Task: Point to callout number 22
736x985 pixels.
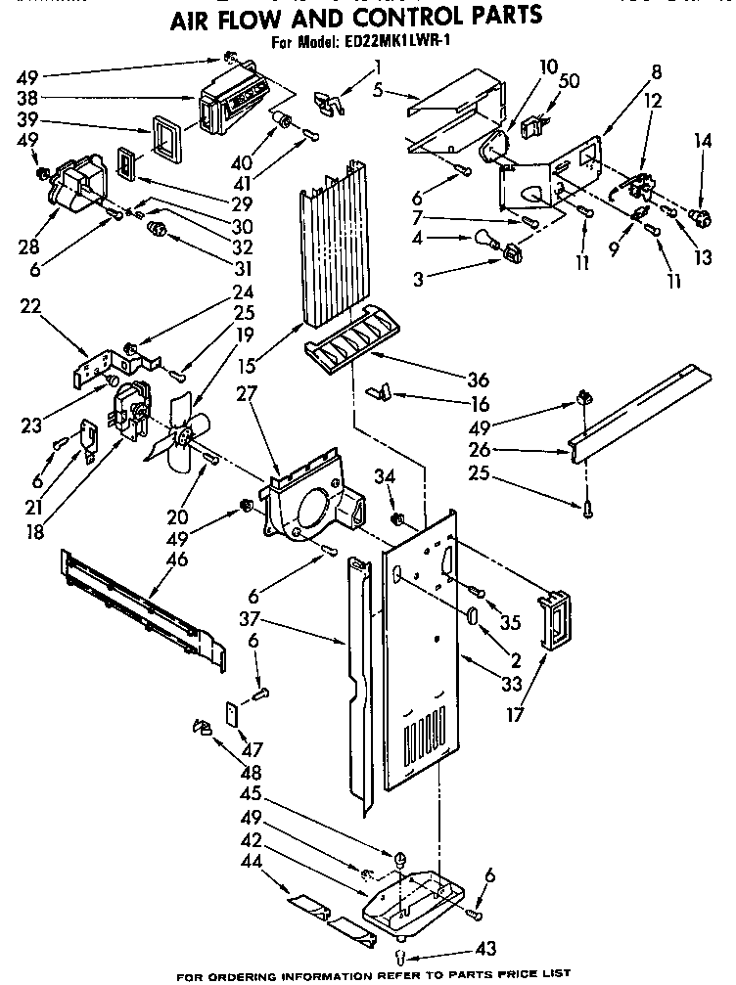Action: coord(30,306)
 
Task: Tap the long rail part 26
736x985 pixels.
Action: coord(636,401)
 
